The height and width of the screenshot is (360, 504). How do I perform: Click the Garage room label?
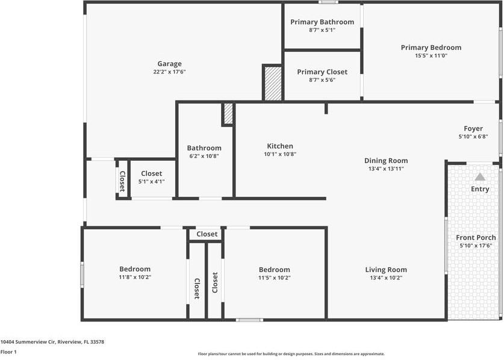(x=169, y=64)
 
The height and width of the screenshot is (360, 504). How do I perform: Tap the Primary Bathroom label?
(x=322, y=22)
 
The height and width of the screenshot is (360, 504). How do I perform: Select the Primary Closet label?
(x=322, y=72)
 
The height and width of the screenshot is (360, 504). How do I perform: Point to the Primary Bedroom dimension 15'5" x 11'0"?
(x=431, y=55)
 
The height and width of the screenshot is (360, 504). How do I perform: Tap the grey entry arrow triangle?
(x=480, y=177)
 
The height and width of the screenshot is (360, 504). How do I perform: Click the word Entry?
(x=480, y=189)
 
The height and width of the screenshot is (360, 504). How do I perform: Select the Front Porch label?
(x=476, y=238)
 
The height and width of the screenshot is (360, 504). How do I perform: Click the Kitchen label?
(x=280, y=146)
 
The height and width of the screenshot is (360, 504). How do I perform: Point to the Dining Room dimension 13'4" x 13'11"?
(x=386, y=169)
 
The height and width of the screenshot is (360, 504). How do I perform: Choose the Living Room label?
(x=386, y=270)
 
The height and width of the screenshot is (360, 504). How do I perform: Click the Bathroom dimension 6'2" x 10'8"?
(x=204, y=156)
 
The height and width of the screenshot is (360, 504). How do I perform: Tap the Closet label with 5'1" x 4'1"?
(x=152, y=173)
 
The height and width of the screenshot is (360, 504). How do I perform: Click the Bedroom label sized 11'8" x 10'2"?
(x=135, y=269)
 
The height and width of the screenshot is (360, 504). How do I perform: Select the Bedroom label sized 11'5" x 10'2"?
(x=274, y=270)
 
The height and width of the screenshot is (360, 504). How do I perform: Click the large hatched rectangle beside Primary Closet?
(x=273, y=83)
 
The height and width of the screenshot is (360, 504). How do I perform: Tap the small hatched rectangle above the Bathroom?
(x=228, y=113)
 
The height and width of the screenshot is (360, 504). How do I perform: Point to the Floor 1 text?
(x=8, y=352)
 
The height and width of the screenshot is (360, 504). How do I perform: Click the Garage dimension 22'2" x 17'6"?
(x=169, y=72)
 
